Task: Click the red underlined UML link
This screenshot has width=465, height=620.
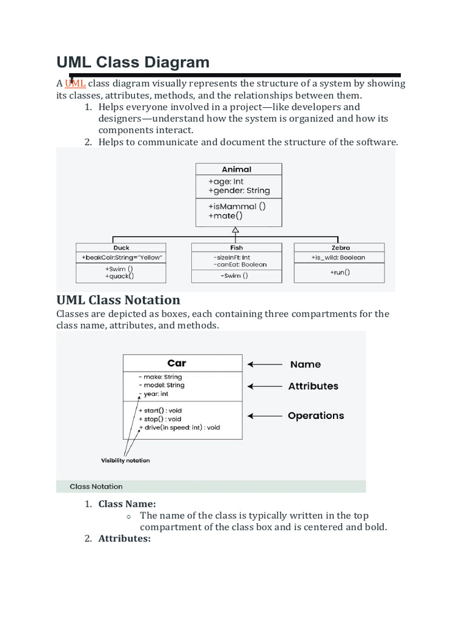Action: tap(75, 84)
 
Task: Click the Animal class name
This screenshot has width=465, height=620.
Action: tap(237, 170)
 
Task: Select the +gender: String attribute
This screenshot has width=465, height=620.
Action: tap(239, 191)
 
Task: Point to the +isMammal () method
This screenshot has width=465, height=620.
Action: tap(237, 206)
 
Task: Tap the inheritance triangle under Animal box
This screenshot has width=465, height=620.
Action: tap(236, 229)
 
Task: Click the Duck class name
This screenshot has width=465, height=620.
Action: tap(121, 248)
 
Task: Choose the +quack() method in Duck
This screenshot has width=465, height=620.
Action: tap(119, 276)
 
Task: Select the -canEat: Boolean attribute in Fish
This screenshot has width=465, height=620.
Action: tap(240, 265)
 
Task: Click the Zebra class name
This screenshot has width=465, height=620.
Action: tap(341, 248)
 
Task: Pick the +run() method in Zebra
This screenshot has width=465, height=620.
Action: tap(340, 272)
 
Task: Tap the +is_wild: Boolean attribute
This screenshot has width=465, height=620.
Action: tap(338, 257)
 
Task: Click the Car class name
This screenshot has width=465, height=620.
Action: tap(177, 363)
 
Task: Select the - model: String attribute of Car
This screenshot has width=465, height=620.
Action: tap(162, 385)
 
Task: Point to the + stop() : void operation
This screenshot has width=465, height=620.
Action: tap(160, 419)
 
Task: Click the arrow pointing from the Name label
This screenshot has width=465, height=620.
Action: tap(265, 364)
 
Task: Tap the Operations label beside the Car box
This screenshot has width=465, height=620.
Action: tap(316, 415)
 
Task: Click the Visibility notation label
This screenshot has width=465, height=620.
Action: tap(125, 460)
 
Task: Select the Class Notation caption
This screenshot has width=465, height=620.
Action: tap(96, 486)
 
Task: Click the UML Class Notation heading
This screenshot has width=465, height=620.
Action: tap(118, 300)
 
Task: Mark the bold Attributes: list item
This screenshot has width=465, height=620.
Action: tap(125, 538)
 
